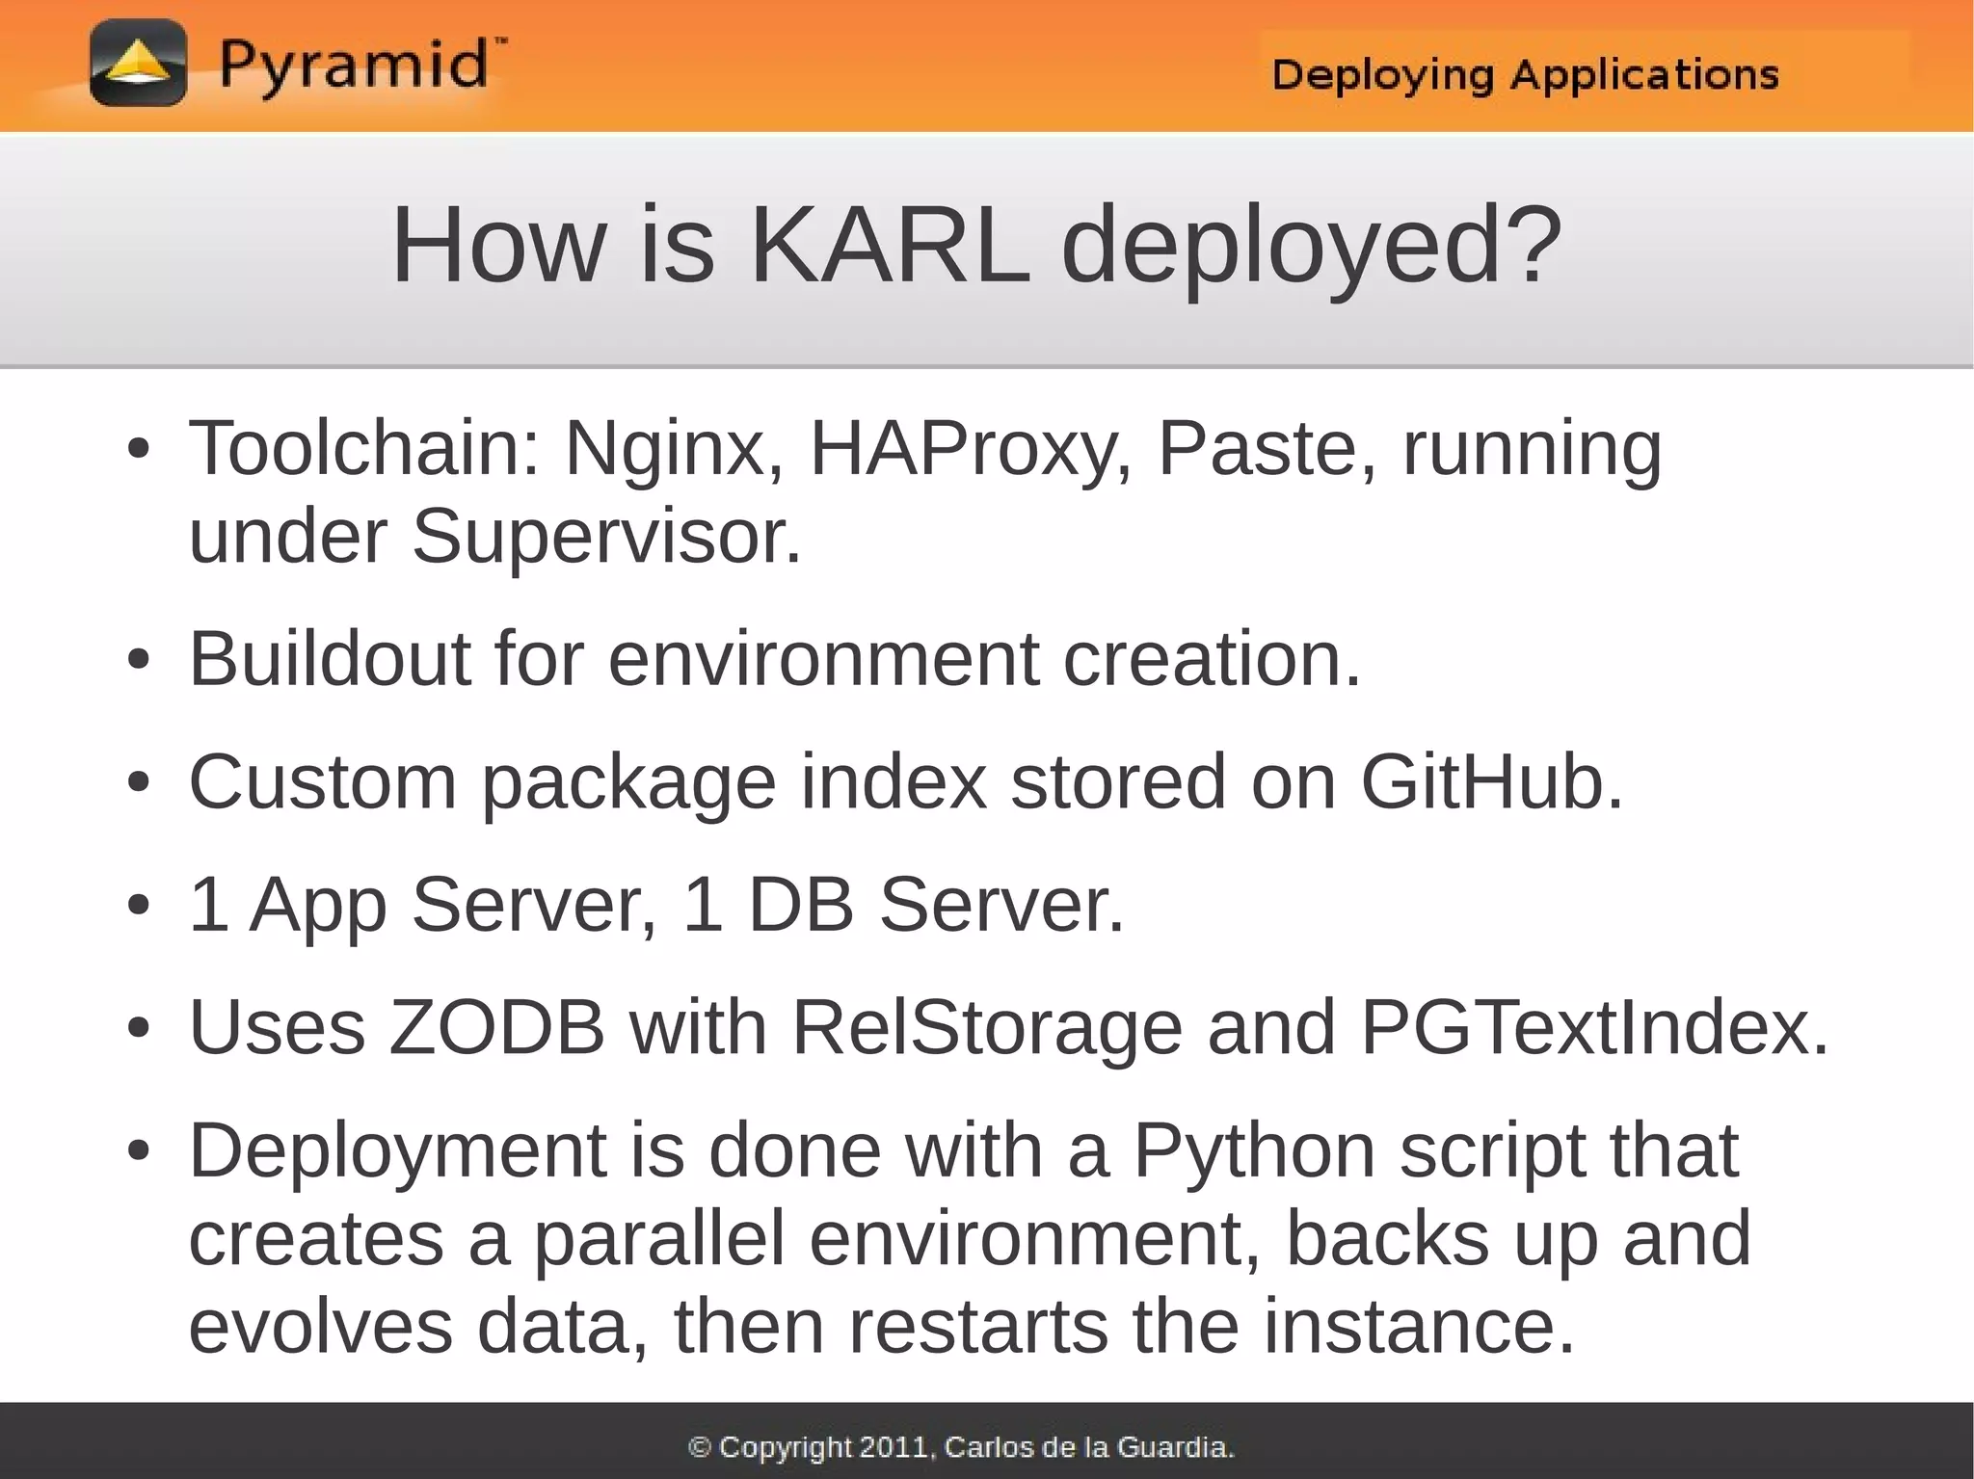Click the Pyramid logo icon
(x=138, y=64)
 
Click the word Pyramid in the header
(x=354, y=66)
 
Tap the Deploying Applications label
(x=1525, y=74)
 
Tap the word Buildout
(x=330, y=658)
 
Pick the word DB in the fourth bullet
(x=801, y=905)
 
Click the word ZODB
(x=496, y=1027)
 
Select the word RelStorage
(x=986, y=1027)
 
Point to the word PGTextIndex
(x=1593, y=1027)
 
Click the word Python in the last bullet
(x=1253, y=1151)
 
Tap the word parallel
(x=659, y=1238)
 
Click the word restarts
(x=979, y=1327)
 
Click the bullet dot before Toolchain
(x=139, y=449)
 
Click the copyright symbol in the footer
(x=700, y=1446)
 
